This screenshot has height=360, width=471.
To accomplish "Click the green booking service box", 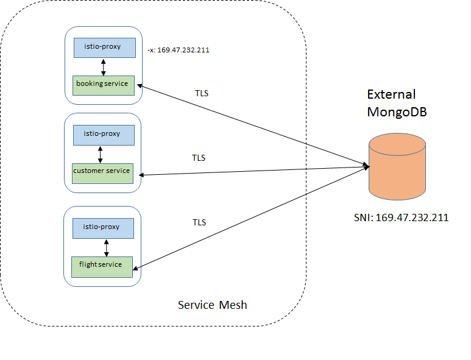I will tap(103, 84).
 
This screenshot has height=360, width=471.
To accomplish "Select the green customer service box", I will tap(101, 172).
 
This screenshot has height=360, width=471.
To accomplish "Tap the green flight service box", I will tap(102, 266).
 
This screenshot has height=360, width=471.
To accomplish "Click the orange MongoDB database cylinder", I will tap(397, 168).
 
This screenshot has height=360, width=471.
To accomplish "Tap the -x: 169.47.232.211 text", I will tap(179, 50).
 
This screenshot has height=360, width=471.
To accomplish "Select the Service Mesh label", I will tap(213, 305).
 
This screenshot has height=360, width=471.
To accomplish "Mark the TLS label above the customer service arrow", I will tap(199, 158).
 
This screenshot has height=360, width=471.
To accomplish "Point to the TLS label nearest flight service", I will tap(199, 222).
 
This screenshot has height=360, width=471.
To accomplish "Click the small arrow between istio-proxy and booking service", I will tap(104, 66).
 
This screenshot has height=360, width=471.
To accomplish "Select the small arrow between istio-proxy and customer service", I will tap(101, 154).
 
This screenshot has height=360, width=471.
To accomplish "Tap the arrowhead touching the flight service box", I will tap(136, 268).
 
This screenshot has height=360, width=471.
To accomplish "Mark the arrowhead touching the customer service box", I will tap(143, 175).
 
